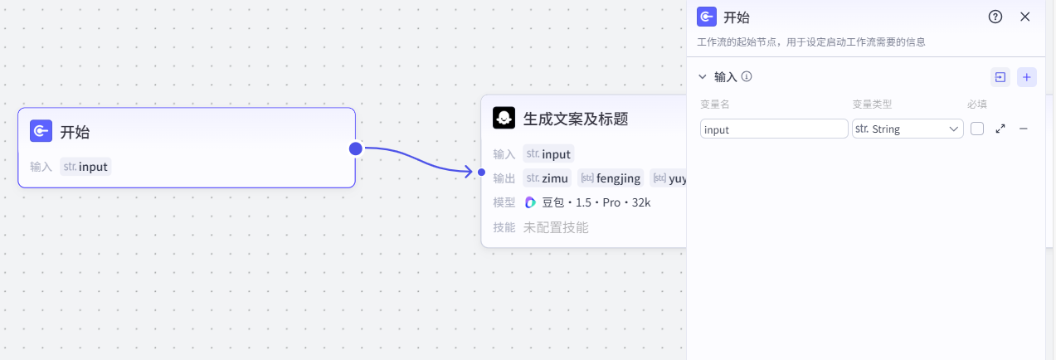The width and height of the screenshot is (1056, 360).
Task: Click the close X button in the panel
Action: (1024, 17)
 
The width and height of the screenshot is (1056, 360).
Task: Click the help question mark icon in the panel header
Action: (995, 17)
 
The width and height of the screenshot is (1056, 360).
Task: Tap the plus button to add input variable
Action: (1026, 77)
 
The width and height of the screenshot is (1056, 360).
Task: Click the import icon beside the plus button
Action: (1000, 77)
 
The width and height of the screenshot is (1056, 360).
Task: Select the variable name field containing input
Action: (773, 129)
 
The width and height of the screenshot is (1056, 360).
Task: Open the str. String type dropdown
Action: (907, 129)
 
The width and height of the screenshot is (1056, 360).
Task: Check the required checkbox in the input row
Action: (977, 129)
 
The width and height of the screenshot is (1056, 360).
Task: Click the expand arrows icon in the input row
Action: (1000, 129)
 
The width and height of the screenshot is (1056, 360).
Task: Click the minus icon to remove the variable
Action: (1024, 129)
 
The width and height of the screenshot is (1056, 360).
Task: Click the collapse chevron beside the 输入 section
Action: (703, 77)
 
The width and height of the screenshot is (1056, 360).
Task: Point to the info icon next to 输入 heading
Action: (747, 77)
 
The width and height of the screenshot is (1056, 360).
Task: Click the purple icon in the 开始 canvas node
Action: (41, 131)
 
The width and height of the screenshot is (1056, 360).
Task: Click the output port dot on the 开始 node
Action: (356, 148)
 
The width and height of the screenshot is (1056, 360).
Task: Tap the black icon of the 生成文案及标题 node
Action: (504, 119)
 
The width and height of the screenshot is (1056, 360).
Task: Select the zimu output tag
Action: (547, 178)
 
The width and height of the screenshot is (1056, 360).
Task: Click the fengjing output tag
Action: (610, 178)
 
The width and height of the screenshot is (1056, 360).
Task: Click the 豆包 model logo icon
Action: (531, 202)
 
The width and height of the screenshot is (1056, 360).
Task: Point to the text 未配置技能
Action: (555, 227)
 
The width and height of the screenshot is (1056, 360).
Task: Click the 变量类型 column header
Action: (872, 105)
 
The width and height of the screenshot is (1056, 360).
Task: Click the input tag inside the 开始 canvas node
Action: (85, 167)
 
